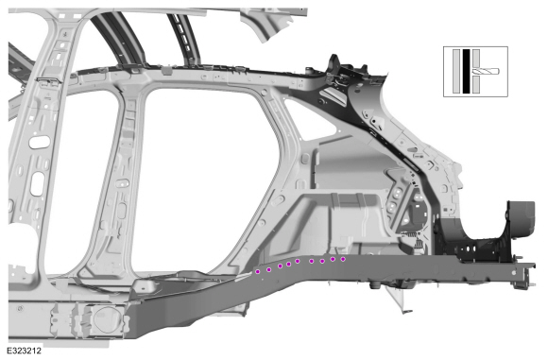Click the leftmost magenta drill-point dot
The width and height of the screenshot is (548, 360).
[258, 271]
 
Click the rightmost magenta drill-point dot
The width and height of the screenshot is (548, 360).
[343, 259]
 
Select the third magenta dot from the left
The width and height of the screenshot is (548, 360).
[280, 266]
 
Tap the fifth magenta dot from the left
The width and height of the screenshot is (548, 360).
[298, 261]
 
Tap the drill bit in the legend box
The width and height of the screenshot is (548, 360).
[486, 71]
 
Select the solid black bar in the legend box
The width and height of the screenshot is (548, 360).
[466, 71]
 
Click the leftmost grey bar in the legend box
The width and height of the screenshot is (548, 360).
[456, 71]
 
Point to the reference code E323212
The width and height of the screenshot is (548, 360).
[25, 351]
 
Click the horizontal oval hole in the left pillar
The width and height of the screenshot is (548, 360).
[40, 143]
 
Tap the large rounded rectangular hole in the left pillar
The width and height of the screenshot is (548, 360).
[38, 183]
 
